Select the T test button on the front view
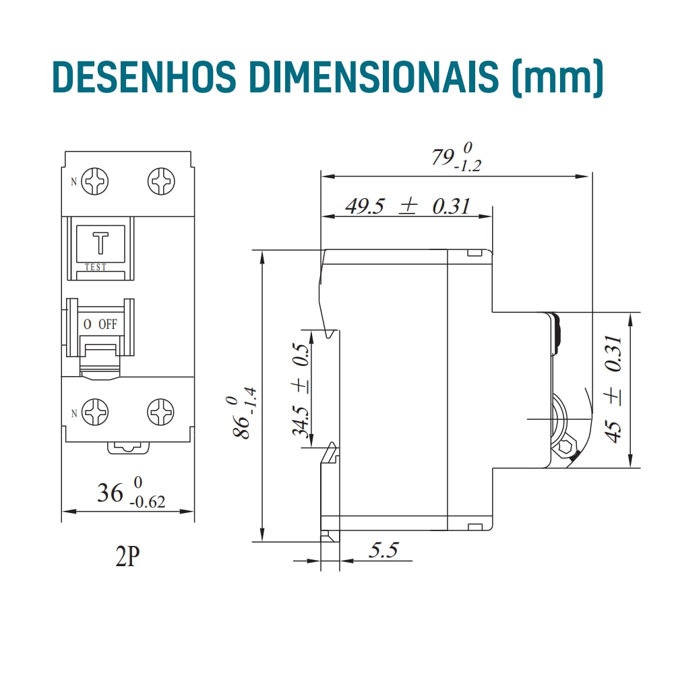click(101, 243)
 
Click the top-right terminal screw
click(162, 182)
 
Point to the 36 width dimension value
click(110, 493)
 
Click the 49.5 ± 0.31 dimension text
click(407, 206)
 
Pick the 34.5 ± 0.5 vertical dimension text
click(301, 391)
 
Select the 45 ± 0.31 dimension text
click(613, 389)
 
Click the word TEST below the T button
click(96, 268)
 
